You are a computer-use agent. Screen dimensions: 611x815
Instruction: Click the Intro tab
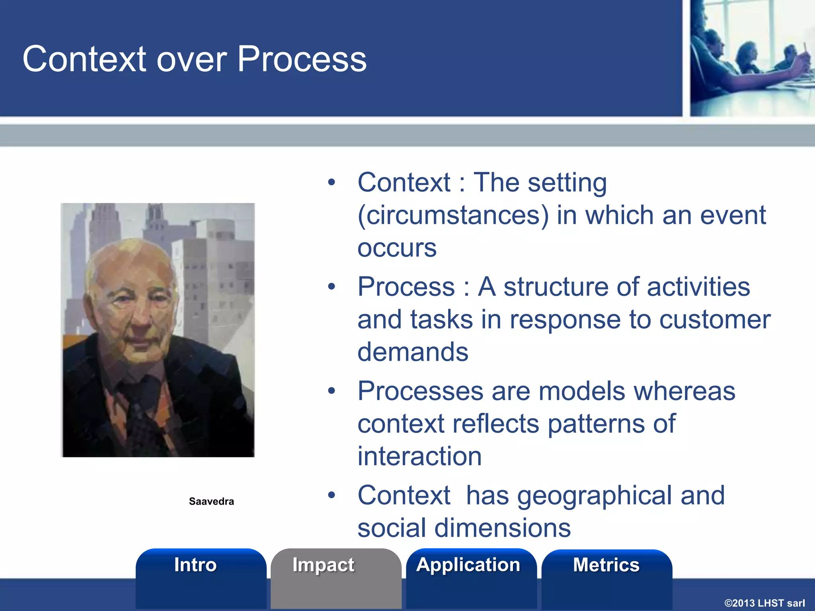pos(195,565)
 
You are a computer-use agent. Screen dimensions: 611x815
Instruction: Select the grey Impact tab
pos(323,565)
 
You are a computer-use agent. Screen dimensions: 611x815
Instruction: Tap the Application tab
pos(468,565)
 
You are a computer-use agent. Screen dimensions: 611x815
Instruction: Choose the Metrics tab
pos(606,565)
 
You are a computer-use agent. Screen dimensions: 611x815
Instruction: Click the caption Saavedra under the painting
pos(211,502)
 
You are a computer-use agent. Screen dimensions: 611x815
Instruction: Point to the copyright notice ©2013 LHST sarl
pos(764,603)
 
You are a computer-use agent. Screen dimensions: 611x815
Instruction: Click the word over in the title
pos(192,60)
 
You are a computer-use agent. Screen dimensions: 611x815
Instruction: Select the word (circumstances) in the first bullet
pos(453,216)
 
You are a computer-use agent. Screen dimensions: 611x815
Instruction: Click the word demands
pos(413,352)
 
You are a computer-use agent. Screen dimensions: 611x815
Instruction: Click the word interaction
pos(419,456)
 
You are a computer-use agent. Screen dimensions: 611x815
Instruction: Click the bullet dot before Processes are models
pos(331,391)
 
